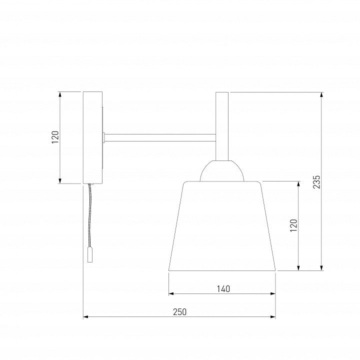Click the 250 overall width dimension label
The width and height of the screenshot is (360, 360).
point(180,312)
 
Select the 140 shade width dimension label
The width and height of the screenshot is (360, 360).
point(223,289)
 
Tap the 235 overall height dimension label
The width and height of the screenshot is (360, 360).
point(316,182)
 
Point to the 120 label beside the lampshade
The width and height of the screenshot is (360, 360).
point(293,225)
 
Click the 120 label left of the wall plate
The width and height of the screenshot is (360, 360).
point(55,137)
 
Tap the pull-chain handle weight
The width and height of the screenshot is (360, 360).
point(90,254)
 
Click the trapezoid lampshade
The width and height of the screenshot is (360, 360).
point(222,226)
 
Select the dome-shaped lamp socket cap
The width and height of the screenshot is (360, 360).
point(222,170)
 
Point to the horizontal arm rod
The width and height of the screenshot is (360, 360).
point(160,137)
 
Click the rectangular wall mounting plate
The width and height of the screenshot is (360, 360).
point(92,138)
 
